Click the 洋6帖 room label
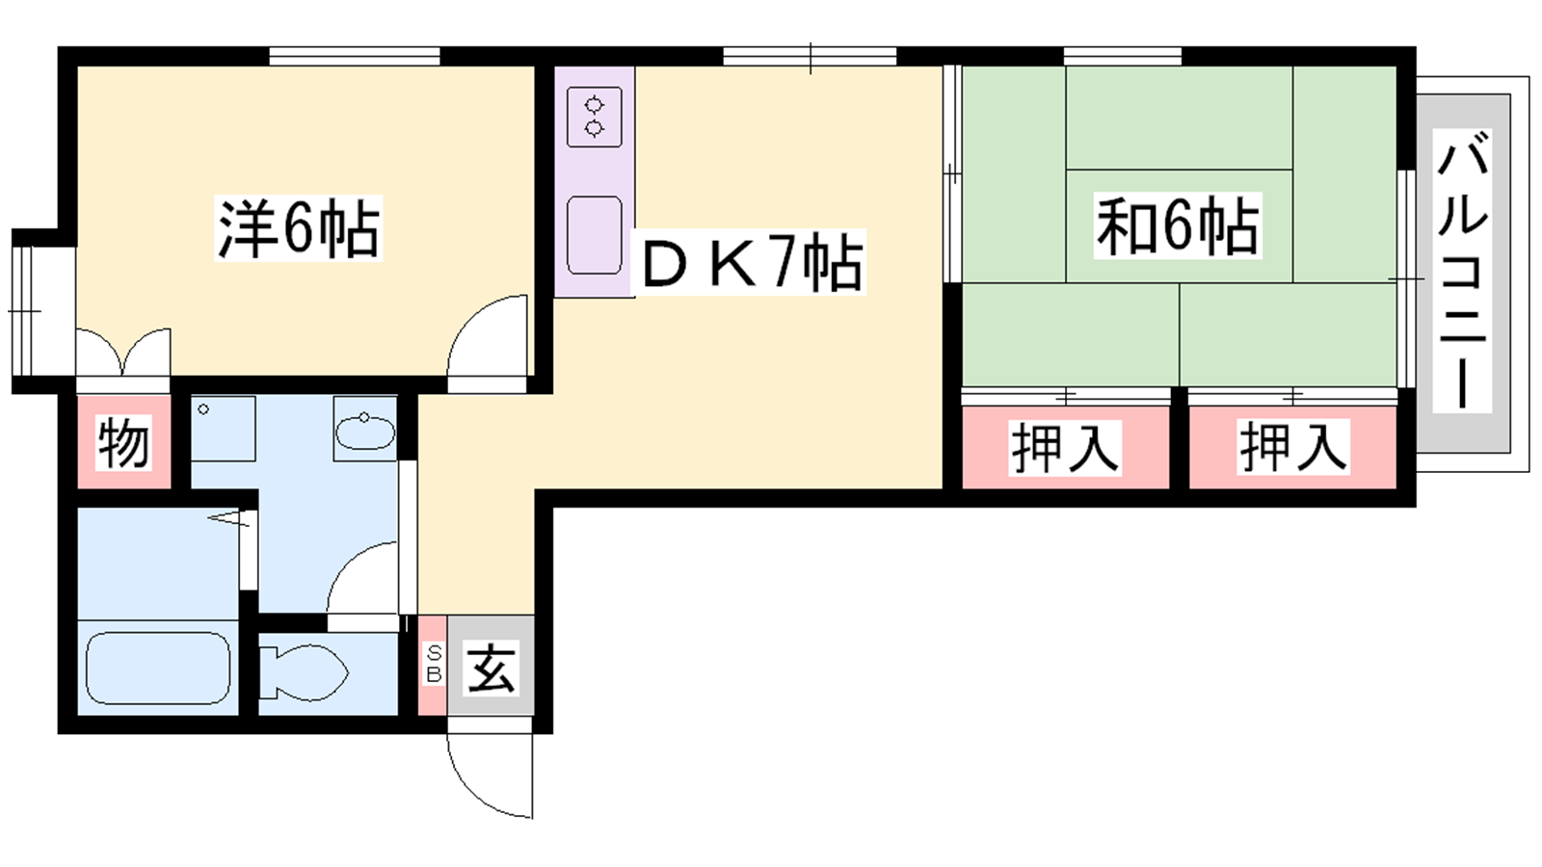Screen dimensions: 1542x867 [x=298, y=227]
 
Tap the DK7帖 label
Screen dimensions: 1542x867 [x=752, y=263]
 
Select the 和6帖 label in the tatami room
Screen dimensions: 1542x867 [x=1177, y=225]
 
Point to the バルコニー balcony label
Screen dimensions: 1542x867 [x=1461, y=270]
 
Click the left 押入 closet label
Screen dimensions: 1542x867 [x=1064, y=448]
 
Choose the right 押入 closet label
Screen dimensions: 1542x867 [x=1292, y=447]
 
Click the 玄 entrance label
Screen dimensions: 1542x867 [x=491, y=668]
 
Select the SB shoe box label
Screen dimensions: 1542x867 [x=434, y=665]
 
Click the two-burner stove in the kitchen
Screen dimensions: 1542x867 [x=594, y=117]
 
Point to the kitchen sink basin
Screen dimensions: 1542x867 [x=594, y=235]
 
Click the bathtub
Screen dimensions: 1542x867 [x=158, y=668]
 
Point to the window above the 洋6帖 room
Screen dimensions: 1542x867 [x=354, y=57]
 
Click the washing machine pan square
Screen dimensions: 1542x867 [x=223, y=428]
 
